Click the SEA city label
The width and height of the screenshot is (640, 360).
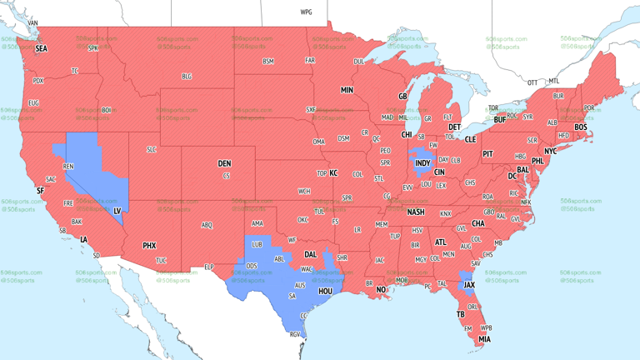coord(41,49)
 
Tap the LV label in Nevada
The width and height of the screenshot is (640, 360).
coord(117,211)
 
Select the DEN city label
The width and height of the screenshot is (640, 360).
coord(224,163)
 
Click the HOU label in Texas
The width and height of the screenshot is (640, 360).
coord(326,292)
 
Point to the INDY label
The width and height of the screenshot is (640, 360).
coord(422,163)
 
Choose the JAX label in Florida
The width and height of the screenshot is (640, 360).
coord(469,285)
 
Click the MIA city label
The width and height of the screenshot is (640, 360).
coord(484,339)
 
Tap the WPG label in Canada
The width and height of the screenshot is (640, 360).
coord(306,12)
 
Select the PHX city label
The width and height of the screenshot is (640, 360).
coord(149,246)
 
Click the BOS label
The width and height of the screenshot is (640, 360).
coord(580,127)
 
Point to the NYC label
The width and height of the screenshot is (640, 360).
coord(550,152)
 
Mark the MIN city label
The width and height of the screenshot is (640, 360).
coord(347,90)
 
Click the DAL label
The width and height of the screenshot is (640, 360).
coord(310,255)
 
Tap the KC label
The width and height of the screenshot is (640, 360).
coord(333,173)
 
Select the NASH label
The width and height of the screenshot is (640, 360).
coord(415,212)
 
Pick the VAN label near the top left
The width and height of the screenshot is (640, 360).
coord(33,23)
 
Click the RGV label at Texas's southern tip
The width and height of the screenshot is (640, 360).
coord(294,335)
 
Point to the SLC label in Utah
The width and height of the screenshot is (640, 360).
coord(151,149)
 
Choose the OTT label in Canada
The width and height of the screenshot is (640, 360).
coord(532,82)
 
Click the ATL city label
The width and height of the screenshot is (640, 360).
coord(440,242)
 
